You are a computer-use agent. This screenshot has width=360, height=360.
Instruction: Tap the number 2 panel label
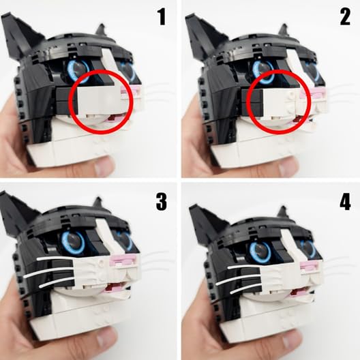(344, 16)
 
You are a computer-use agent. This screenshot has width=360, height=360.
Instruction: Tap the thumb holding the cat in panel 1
(102, 166)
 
